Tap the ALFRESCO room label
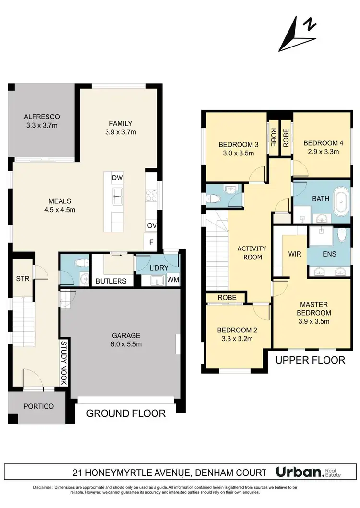(43, 121)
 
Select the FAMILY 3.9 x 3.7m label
(120, 128)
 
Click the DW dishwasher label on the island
(118, 178)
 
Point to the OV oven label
(151, 225)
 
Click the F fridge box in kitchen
(151, 242)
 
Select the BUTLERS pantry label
(111, 281)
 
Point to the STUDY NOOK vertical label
(63, 362)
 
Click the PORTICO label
(38, 406)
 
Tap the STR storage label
(23, 278)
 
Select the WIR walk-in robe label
(294, 254)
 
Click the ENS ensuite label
(329, 254)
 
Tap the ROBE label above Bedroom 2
(226, 297)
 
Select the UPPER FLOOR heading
(310, 360)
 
